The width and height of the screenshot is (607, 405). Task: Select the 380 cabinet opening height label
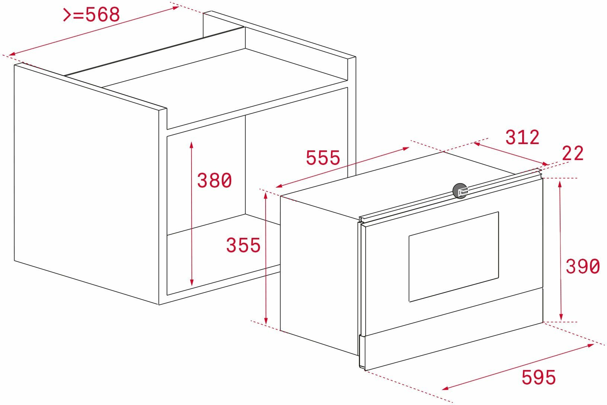click(x=214, y=181)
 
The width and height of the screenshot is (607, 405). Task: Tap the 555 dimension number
click(x=323, y=157)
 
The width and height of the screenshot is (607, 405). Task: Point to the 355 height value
click(x=243, y=245)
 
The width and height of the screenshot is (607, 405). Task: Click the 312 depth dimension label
click(x=522, y=137)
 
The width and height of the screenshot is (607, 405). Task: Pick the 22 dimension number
click(x=572, y=153)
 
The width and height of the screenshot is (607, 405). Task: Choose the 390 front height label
click(x=582, y=266)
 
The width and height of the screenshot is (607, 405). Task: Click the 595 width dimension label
click(x=539, y=377)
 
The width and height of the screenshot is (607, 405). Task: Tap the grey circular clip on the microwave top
click(x=460, y=191)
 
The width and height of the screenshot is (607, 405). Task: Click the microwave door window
click(x=454, y=256)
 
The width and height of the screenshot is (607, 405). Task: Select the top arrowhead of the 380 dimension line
click(x=192, y=145)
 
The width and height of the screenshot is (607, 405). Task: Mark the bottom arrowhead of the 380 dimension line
click(x=192, y=282)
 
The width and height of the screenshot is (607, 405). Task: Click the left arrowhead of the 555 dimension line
click(x=279, y=186)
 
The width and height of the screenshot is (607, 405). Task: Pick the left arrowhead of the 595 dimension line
click(x=446, y=389)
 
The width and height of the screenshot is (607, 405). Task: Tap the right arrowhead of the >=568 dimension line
click(x=175, y=7)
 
